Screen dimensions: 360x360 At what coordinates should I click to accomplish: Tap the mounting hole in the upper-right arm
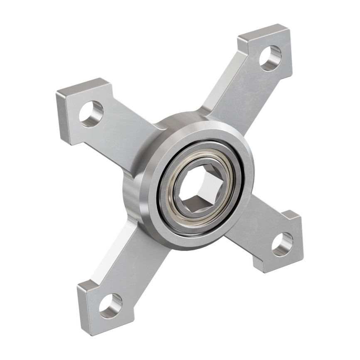tap(270, 58)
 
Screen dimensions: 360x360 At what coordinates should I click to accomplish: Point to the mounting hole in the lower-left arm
tap(110, 306)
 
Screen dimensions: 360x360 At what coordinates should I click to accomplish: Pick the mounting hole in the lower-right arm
tap(282, 244)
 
